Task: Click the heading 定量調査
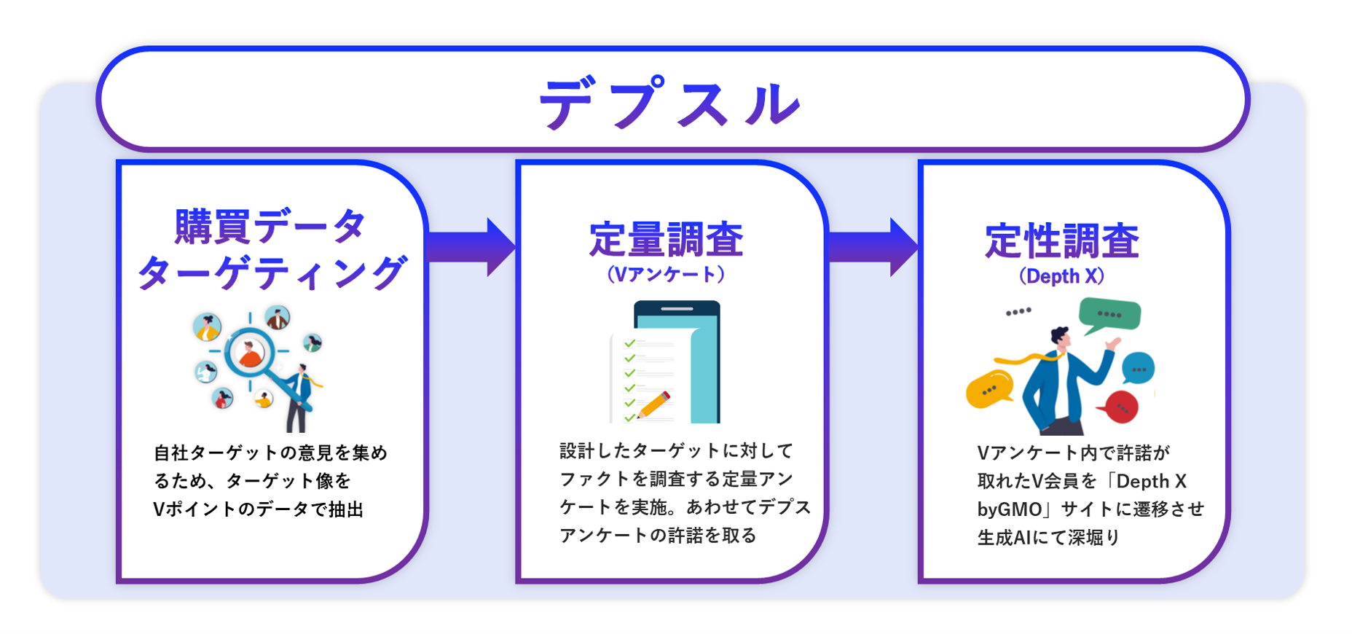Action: tap(666, 240)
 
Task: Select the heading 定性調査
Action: tap(1061, 241)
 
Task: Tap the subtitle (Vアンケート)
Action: tap(666, 275)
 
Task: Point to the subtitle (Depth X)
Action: tap(1061, 277)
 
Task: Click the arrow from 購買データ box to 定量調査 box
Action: tap(471, 247)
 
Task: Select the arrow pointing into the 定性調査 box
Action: tap(873, 247)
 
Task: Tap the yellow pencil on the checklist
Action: tap(653, 405)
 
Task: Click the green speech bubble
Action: tap(1109, 315)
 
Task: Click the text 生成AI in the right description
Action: tap(1004, 538)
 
